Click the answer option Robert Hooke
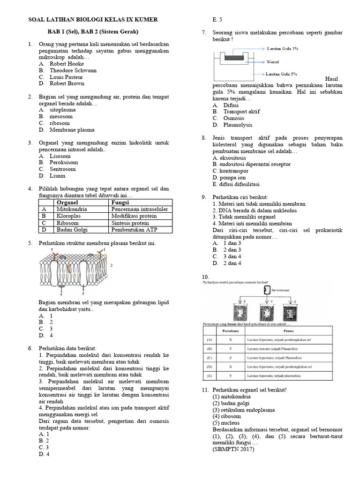tap(68, 64)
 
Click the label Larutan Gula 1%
tap(283, 48)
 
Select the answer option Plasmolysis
tap(238, 125)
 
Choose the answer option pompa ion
tap(229, 178)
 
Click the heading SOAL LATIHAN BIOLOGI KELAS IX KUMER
tap(93, 19)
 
